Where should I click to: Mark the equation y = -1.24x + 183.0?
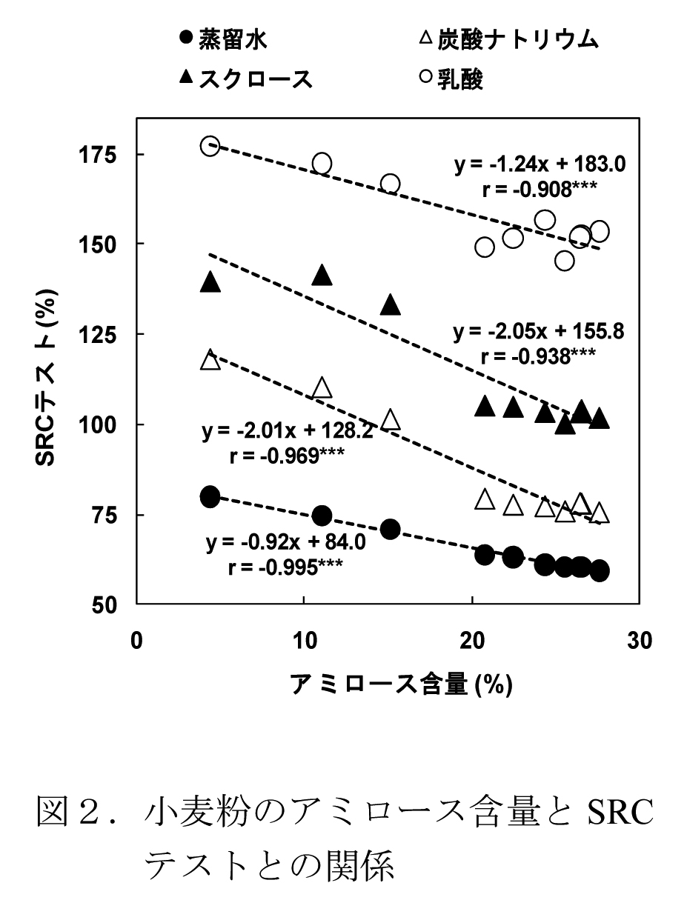click(x=540, y=164)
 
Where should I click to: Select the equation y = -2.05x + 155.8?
click(x=539, y=331)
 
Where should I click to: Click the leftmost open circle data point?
click(x=210, y=146)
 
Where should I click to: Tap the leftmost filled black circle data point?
click(x=210, y=496)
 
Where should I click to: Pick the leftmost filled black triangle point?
click(x=210, y=281)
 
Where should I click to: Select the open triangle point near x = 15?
click(x=391, y=420)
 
